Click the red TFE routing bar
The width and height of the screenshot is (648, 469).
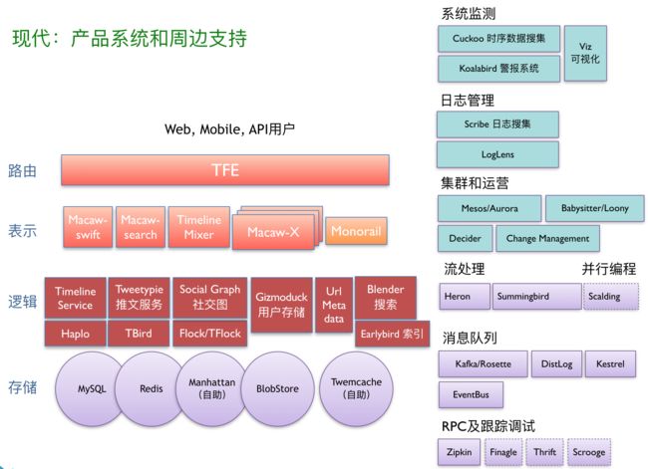click(x=225, y=170)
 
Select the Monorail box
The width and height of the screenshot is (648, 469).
click(x=356, y=231)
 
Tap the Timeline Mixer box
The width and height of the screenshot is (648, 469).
click(x=198, y=227)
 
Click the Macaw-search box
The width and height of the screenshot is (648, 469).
click(x=141, y=227)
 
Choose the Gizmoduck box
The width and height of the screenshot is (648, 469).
click(x=281, y=305)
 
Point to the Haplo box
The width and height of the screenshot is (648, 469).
click(x=75, y=334)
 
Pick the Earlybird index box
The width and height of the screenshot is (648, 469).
click(x=392, y=334)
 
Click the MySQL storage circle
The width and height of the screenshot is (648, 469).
click(x=90, y=388)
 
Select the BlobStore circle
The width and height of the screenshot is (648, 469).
click(x=278, y=388)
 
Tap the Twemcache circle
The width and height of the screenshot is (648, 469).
click(x=356, y=388)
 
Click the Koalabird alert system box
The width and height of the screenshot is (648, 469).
click(x=498, y=69)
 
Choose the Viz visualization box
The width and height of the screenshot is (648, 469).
click(x=585, y=53)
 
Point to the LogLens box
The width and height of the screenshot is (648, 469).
click(x=497, y=154)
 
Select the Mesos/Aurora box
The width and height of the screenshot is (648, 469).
click(x=489, y=208)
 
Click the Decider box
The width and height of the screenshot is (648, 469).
click(x=465, y=238)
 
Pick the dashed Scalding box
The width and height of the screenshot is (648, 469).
click(x=611, y=297)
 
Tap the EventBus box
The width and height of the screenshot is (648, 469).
click(x=471, y=394)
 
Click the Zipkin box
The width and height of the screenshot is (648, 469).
click(x=460, y=452)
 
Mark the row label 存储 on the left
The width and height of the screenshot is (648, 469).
click(x=22, y=387)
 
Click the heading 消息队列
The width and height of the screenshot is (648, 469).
click(x=470, y=339)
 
